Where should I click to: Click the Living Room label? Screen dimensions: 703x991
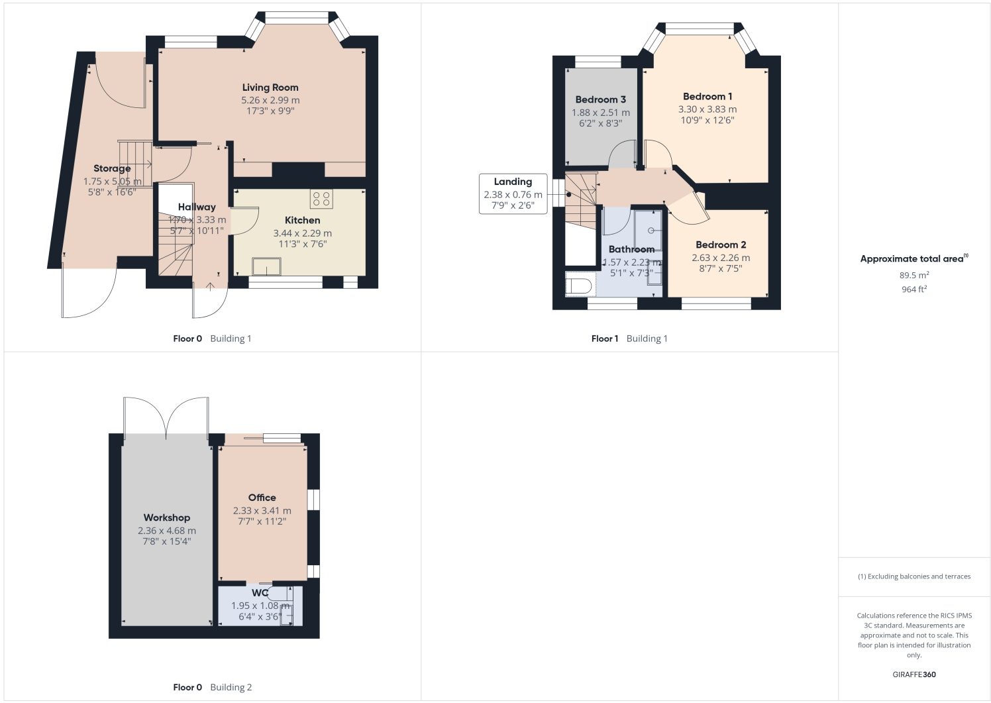270,87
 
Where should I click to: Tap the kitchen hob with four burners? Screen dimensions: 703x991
321,199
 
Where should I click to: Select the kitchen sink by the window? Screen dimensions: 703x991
266,266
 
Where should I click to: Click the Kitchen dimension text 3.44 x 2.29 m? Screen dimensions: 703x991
302,233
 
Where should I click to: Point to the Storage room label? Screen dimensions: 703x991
111,168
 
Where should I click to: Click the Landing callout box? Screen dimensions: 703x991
513,193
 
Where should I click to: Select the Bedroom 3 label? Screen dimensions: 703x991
600,99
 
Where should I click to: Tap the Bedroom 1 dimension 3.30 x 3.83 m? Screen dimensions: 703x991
707,109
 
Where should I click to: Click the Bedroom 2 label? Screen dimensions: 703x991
721,244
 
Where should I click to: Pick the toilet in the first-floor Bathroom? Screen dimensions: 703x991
578,286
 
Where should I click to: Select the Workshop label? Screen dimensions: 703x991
166,517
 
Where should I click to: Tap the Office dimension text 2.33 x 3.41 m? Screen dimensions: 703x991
262,511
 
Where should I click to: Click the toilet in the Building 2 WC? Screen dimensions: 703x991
278,593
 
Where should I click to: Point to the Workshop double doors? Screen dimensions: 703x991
166,415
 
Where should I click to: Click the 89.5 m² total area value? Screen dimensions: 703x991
913,275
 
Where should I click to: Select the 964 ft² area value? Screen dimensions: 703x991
913,290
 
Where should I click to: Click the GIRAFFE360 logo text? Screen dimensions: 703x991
913,675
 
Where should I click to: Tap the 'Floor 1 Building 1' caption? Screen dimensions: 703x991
629,339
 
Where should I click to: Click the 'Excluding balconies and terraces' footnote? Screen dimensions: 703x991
913,576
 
